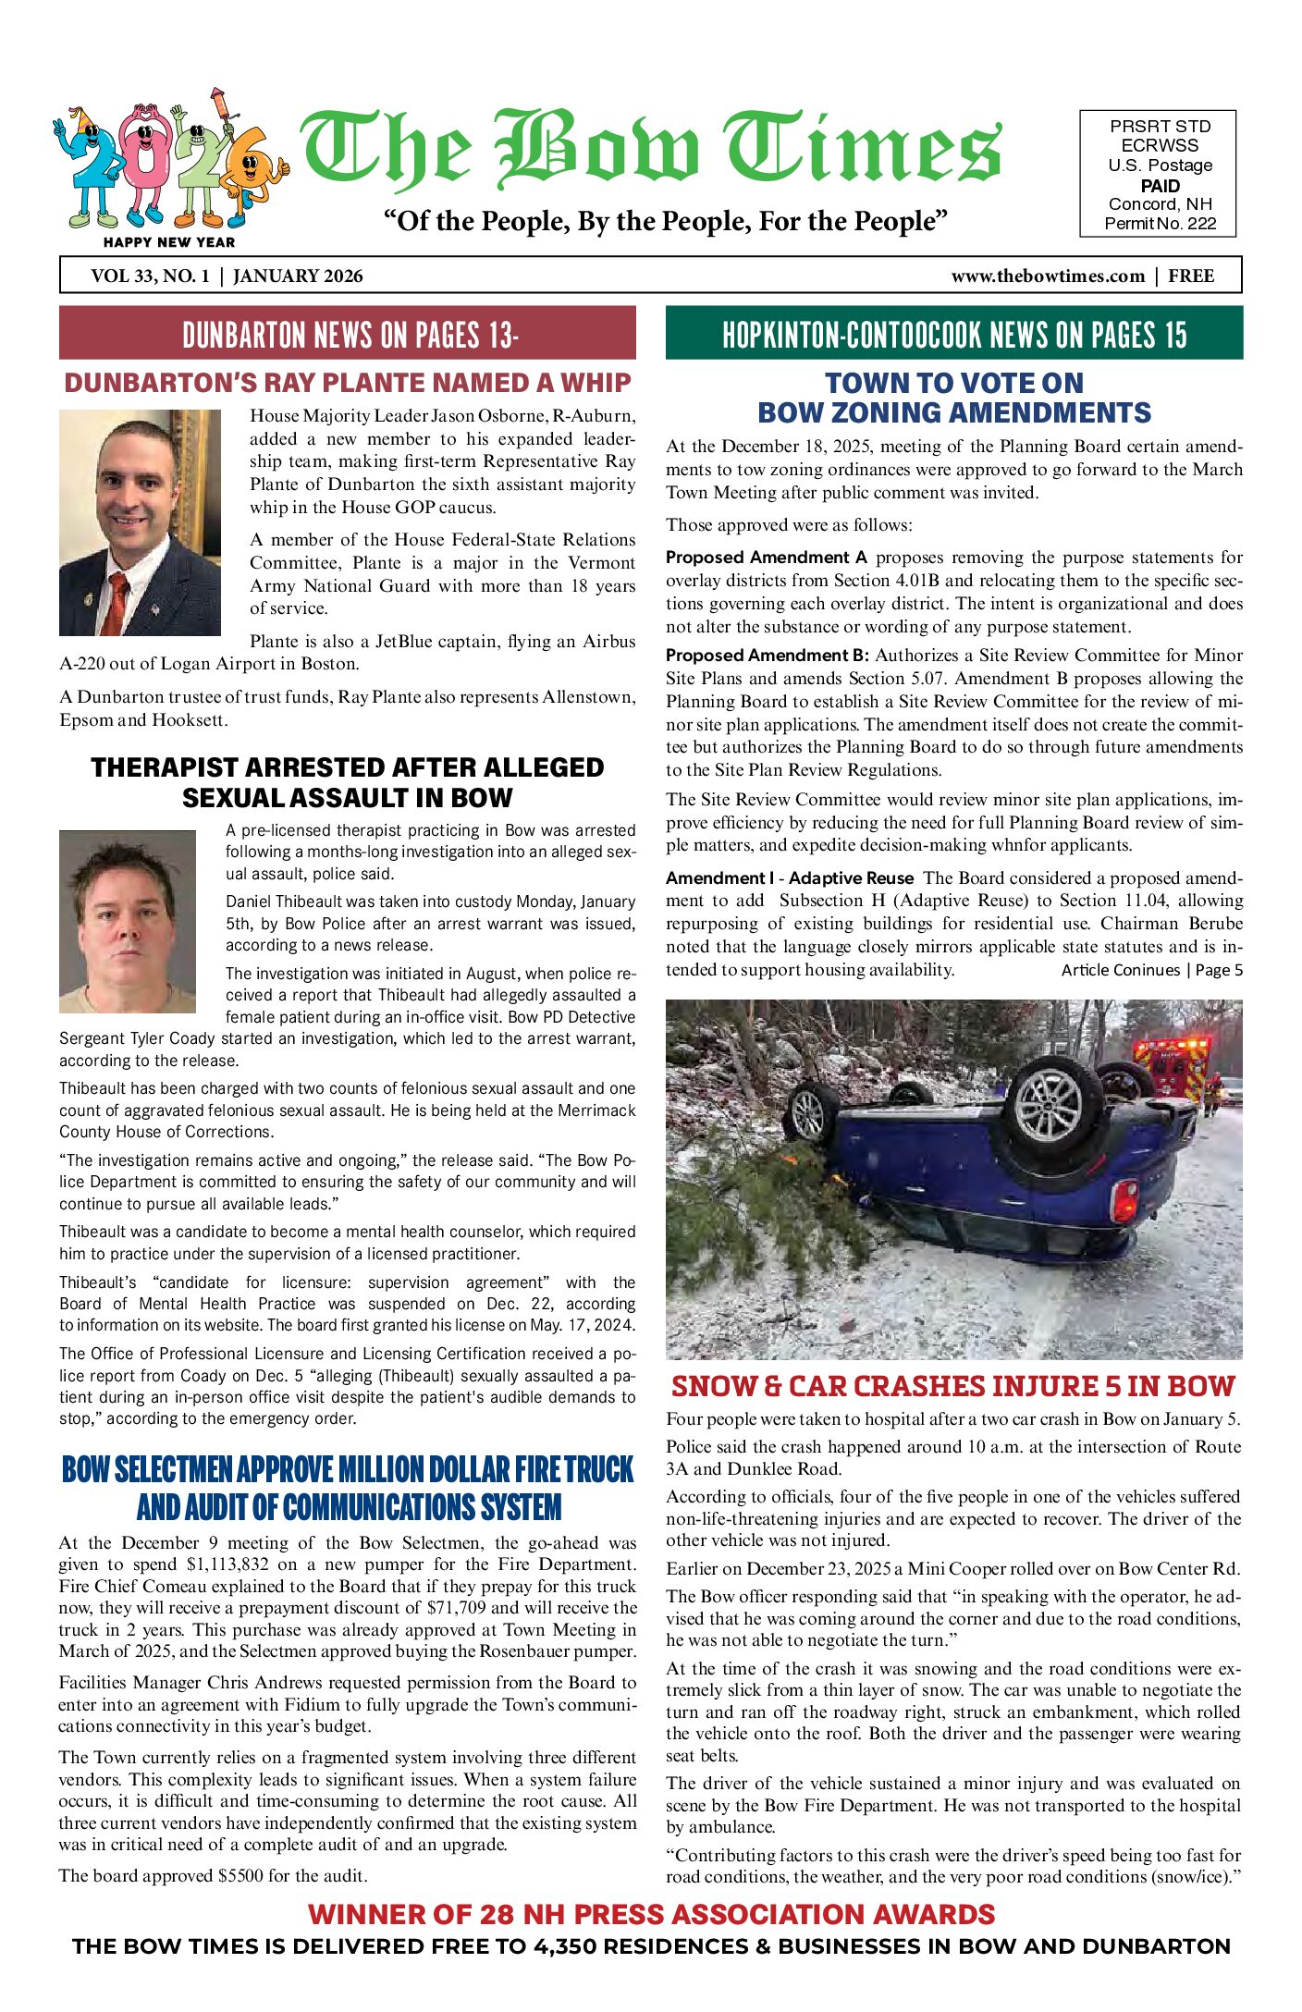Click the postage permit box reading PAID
point(1159,175)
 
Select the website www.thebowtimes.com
point(1047,276)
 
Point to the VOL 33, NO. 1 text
point(150,276)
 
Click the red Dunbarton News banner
point(348,334)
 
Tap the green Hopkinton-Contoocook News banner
point(953,334)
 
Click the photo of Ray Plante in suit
point(140,522)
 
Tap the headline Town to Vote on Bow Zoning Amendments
point(953,398)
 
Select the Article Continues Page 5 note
point(1151,970)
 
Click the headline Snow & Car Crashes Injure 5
point(953,1386)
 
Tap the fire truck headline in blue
point(348,1488)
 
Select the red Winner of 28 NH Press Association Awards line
point(651,1914)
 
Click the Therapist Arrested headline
point(348,782)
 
